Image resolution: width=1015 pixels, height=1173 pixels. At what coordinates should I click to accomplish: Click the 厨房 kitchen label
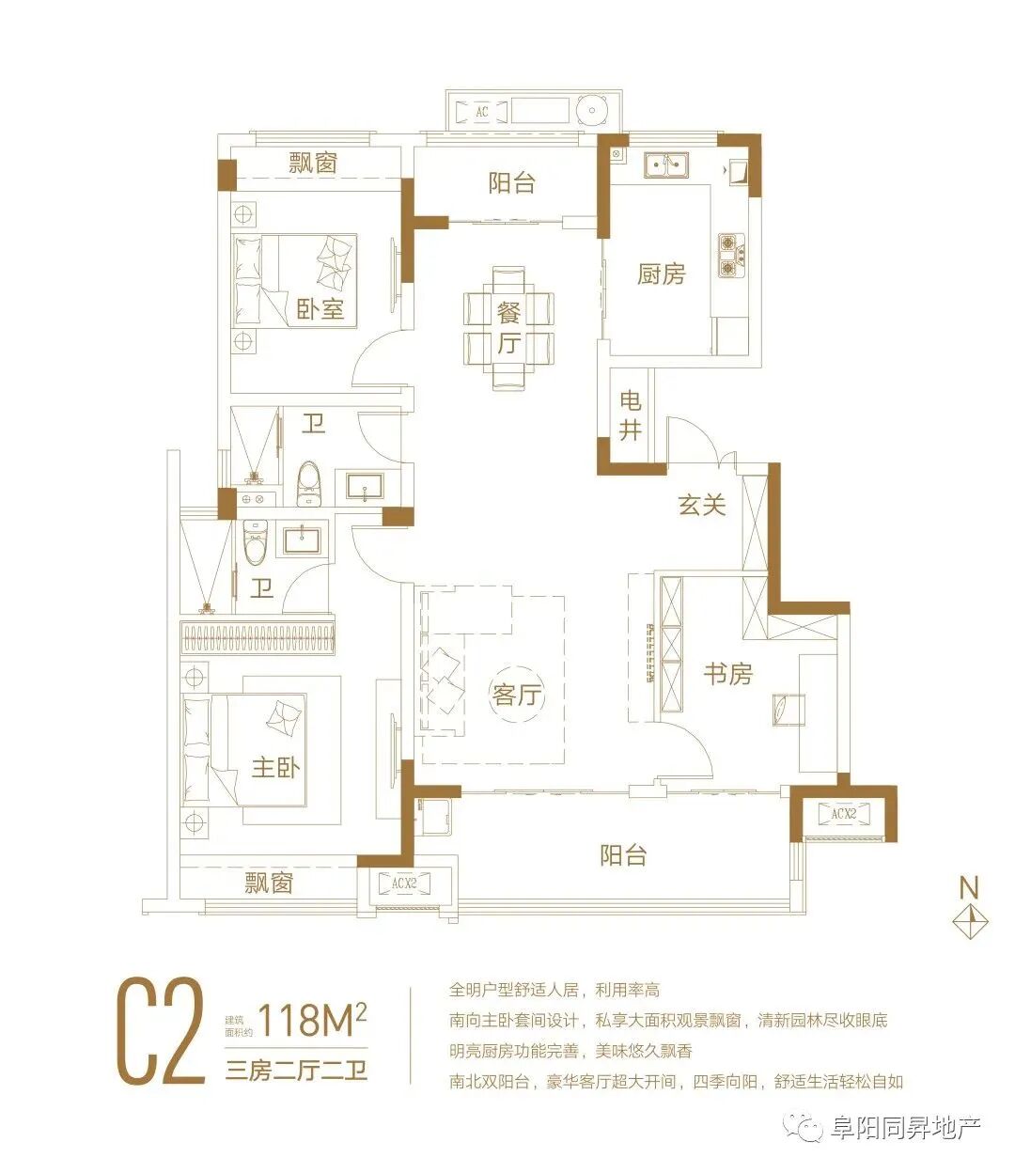pos(661,274)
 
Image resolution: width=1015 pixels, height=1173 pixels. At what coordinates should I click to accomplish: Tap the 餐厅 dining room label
pos(508,327)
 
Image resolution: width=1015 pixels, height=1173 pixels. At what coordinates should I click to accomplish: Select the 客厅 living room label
pos(517,695)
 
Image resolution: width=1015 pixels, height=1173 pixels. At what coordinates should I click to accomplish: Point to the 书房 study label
pos(728,673)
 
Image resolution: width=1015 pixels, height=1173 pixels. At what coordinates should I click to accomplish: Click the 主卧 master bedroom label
pos(275,767)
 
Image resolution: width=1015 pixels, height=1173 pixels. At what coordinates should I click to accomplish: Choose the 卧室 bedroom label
pos(320,308)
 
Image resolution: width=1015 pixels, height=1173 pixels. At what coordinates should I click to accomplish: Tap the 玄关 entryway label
pos(702,505)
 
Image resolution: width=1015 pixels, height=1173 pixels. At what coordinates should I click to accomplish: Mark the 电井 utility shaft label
pos(631,415)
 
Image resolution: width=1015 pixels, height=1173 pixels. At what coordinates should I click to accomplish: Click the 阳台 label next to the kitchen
pos(512,182)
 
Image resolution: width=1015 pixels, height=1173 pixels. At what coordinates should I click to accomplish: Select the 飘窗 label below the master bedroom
pos(269,883)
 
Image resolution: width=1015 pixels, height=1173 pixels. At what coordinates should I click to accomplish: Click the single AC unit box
pos(482,112)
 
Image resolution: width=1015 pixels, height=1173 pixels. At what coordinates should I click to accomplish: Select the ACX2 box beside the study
pos(843,813)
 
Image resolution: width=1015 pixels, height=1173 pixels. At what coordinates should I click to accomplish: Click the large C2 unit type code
pos(160,1032)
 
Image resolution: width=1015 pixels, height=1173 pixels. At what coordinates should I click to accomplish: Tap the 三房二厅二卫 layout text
pos(296,1071)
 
